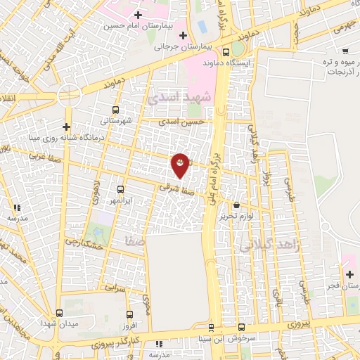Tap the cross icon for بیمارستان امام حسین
(x=138, y=15)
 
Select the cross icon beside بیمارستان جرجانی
(x=183, y=35)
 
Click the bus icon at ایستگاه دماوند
(x=226, y=51)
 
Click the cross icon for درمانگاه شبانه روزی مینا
(x=66, y=127)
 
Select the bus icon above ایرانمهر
(x=120, y=189)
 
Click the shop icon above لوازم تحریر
(x=236, y=205)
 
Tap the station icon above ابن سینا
(x=211, y=328)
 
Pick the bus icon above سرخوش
(x=241, y=328)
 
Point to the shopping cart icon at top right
(x=345, y=51)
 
